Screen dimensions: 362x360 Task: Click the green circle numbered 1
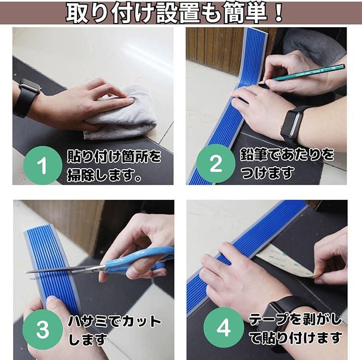[43, 165]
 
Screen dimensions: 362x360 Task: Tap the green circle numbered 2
[216, 164]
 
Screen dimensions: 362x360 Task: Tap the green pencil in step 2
[303, 73]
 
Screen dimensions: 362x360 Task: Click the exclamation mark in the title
[279, 13]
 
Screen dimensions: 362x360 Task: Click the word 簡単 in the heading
[245, 13]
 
